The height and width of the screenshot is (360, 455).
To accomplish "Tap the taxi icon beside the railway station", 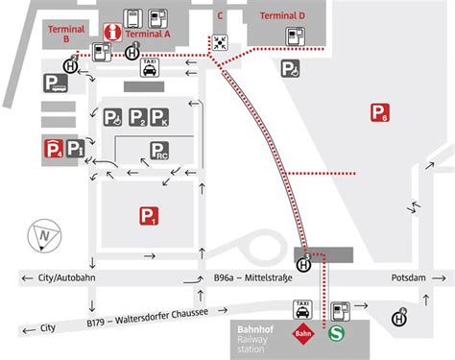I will click(x=304, y=309).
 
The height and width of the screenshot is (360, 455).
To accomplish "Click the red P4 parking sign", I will click(x=54, y=147).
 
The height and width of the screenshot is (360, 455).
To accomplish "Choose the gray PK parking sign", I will click(x=160, y=117).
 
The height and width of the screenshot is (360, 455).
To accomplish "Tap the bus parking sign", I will click(x=54, y=84).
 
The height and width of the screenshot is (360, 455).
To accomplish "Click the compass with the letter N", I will click(x=44, y=234).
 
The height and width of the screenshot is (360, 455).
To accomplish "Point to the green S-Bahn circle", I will click(x=337, y=335).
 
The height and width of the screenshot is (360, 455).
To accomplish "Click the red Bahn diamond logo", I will click(x=305, y=335).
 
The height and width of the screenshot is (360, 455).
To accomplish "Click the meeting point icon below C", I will click(x=222, y=41).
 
